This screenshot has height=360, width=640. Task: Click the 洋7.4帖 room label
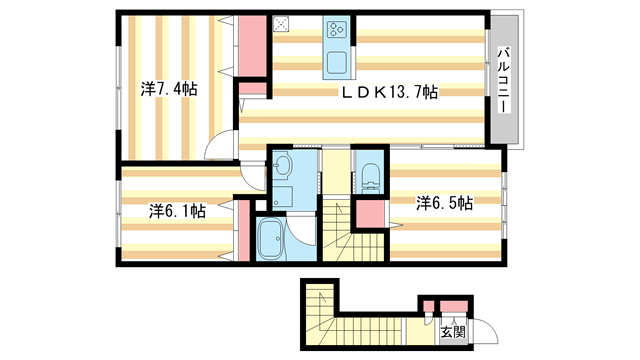click(x=169, y=90)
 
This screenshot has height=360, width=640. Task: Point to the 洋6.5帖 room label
click(x=444, y=203)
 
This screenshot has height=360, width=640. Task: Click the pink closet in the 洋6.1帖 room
click(x=241, y=229)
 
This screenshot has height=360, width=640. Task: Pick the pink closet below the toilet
click(x=370, y=212)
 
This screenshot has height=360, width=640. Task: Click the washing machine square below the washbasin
click(x=281, y=196)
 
